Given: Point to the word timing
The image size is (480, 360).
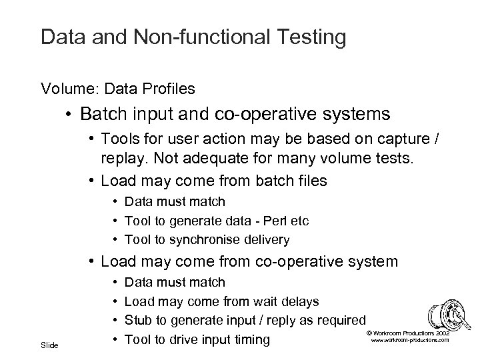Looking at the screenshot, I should tap(250, 340).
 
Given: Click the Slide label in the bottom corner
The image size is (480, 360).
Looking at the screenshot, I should tap(50, 345).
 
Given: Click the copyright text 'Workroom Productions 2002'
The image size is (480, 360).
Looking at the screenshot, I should tap(408, 333).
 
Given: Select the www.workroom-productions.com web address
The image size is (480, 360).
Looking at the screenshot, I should tap(408, 340).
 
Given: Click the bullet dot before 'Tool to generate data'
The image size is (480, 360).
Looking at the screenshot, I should tap(115, 221).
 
